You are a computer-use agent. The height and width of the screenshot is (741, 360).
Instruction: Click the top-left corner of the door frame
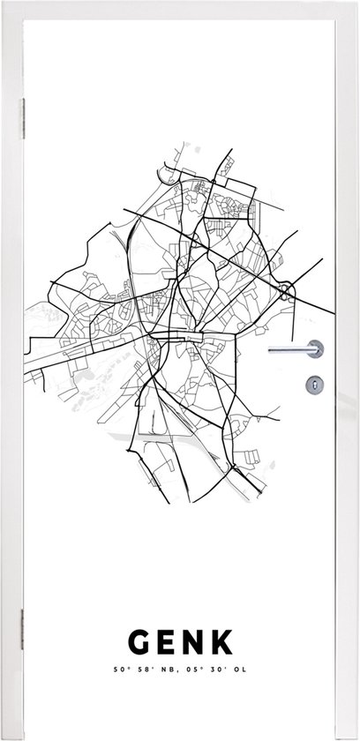[4, 4]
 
